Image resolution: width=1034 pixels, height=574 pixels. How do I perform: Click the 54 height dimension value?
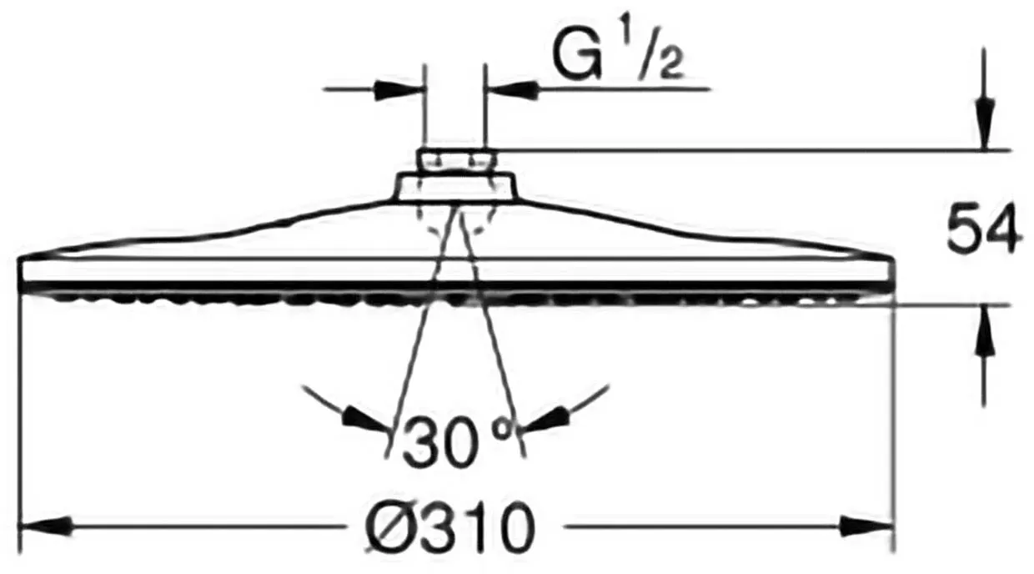coord(981,228)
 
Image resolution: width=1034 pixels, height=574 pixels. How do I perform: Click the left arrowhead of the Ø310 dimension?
coord(45,526)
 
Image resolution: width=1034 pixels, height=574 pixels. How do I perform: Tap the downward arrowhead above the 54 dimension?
coord(984,123)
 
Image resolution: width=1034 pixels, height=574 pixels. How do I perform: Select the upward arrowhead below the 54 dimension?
coord(984,331)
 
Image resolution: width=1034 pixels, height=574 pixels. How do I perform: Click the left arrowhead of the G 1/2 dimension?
coord(399,89)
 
